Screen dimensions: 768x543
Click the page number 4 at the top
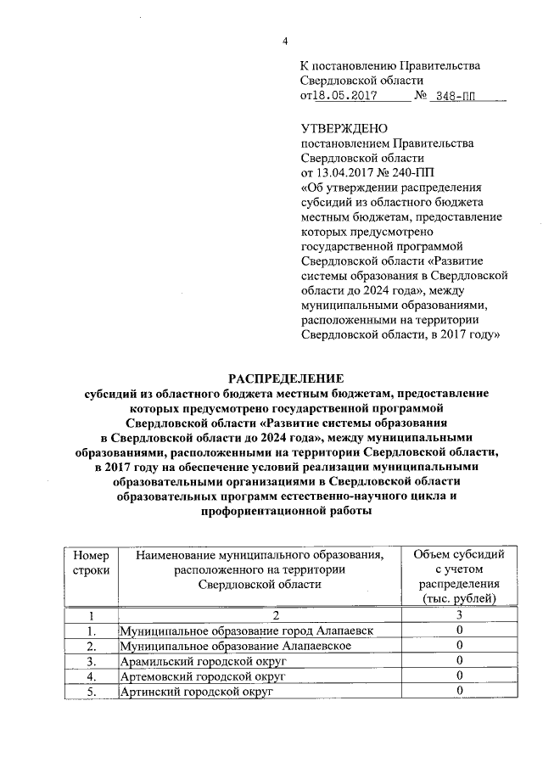286,42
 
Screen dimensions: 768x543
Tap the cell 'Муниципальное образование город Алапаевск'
245,632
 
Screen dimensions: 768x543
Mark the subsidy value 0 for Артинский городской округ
458,692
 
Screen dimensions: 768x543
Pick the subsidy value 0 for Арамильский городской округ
458,662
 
